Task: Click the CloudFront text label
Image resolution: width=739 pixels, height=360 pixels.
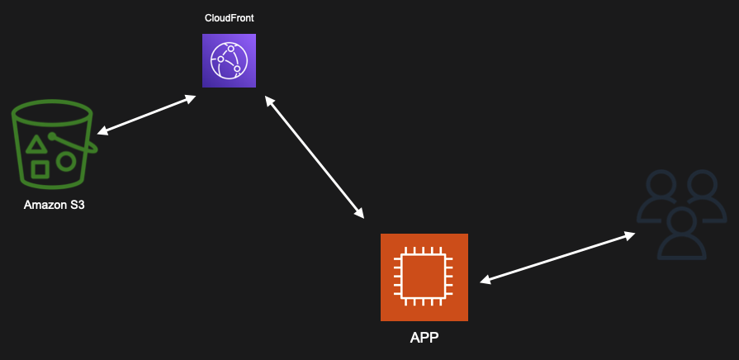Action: (x=229, y=18)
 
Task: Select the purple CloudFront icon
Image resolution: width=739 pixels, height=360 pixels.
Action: (x=229, y=60)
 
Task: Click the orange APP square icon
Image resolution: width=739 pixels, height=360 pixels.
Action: (x=424, y=277)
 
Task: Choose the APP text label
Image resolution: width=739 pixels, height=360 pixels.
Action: (x=424, y=337)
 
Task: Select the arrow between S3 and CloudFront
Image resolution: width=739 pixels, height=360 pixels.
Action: (x=147, y=116)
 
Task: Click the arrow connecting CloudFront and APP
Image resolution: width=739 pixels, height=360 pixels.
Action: (x=314, y=156)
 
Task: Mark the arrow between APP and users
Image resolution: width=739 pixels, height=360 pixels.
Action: (x=557, y=258)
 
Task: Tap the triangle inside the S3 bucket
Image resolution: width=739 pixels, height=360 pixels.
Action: (x=36, y=146)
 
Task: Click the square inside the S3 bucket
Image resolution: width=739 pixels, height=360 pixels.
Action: (x=39, y=169)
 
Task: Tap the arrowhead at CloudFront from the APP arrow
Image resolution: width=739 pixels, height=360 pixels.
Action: (x=268, y=100)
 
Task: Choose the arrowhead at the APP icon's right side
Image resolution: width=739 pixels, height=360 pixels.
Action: (x=486, y=280)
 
